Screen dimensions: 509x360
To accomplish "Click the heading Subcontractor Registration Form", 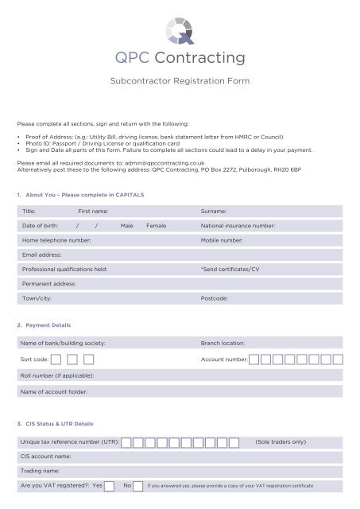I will click(180, 81).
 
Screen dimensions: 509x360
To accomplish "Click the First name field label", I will click(93, 211).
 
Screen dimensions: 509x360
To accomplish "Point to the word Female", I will click(156, 226).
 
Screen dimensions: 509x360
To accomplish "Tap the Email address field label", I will click(42, 254).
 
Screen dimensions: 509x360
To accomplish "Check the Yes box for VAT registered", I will click(109, 485).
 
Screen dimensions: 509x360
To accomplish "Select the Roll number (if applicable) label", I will click(58, 375).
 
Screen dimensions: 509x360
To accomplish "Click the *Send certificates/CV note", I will click(230, 269).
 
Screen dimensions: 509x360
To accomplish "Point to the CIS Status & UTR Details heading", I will click(59, 424).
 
